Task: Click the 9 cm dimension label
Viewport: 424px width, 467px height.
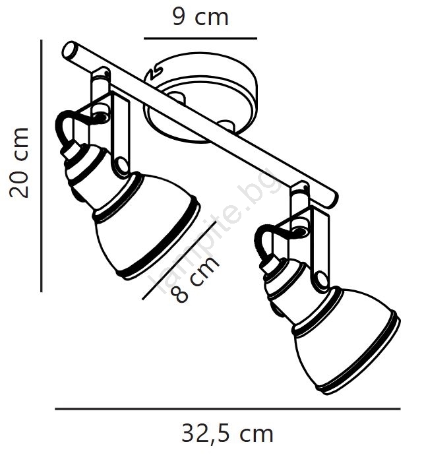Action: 200,17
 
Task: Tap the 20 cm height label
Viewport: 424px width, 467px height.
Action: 18,162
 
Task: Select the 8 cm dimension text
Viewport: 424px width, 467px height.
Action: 195,280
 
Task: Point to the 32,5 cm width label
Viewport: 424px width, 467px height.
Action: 227,435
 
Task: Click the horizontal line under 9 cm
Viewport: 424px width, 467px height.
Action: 200,38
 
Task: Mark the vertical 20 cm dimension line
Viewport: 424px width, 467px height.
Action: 42,166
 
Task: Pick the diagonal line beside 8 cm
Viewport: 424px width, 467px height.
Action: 179,261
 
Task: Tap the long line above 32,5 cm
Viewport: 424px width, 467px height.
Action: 227,409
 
